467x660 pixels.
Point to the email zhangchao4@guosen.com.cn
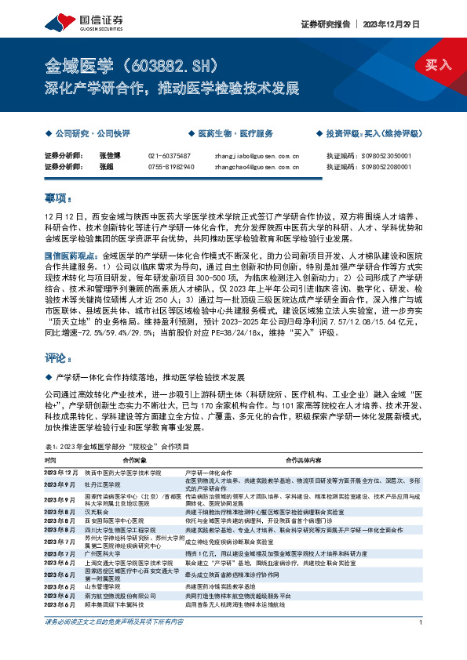256,167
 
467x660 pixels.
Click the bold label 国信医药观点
71,256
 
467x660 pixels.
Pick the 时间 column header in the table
51,460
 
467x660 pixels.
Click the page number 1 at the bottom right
421,644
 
